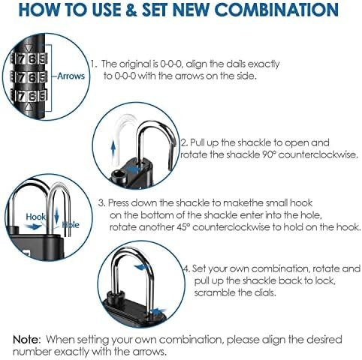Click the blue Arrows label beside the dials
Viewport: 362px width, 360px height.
tap(71, 76)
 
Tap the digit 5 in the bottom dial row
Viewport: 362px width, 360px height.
tap(44, 96)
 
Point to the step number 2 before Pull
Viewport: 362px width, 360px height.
tap(185, 142)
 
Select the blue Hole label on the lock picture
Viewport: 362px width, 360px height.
tap(70, 223)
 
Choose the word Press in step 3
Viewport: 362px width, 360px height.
tap(121, 202)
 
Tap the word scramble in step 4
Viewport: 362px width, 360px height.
tap(213, 293)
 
